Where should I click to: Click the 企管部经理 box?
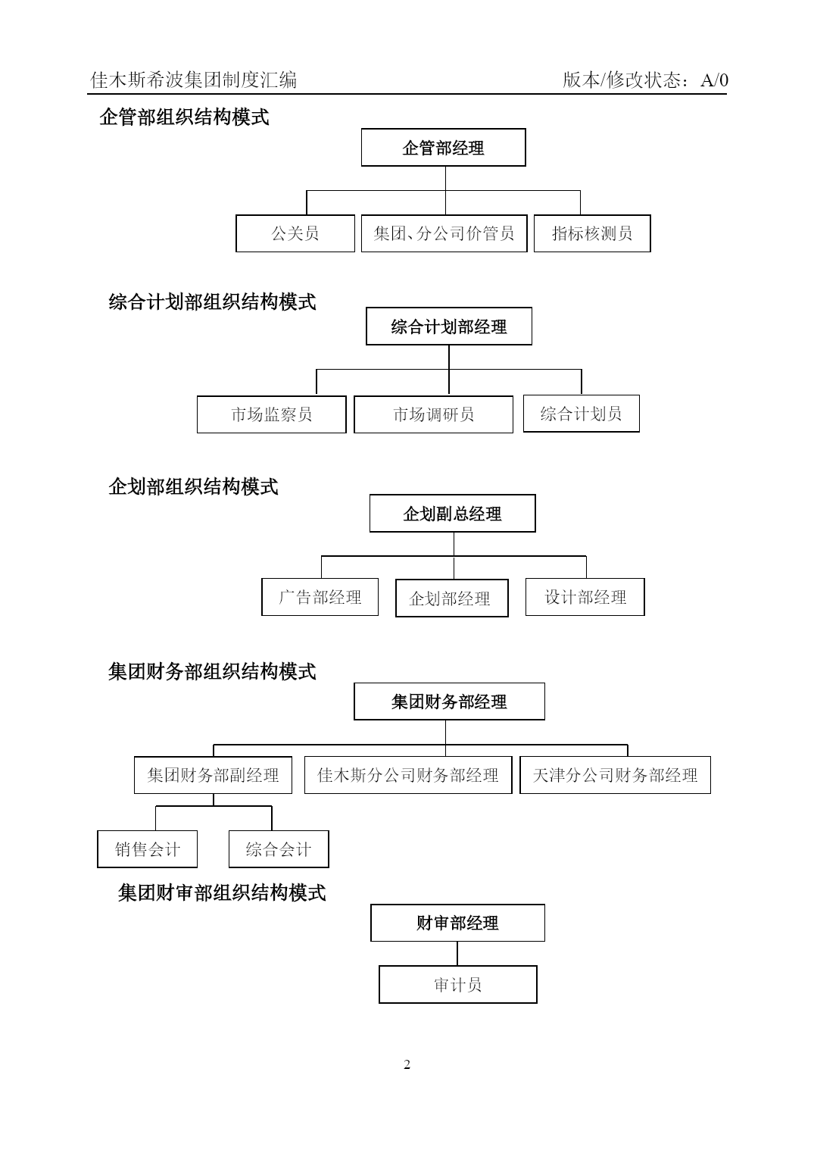pos(444,147)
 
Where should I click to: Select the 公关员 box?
pos(295,233)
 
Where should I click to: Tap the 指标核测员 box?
pos(592,233)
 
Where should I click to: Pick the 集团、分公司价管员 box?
pos(444,233)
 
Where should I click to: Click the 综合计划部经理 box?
pos(448,326)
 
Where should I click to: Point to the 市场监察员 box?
pos(272,414)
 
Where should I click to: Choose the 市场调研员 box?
pos(433,414)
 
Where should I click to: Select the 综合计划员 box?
pos(582,414)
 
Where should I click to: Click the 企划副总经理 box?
pos(452,514)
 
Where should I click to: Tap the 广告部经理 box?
pos(320,597)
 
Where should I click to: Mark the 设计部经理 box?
pos(585,597)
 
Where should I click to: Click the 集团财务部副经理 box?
pos(213,775)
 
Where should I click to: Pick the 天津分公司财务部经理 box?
pos(615,775)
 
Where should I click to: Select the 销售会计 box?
pos(148,849)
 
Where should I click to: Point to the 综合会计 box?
pos(279,849)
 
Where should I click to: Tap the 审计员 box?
pos(458,984)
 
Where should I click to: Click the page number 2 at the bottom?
pos(407,1065)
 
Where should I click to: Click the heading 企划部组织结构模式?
pos(193,486)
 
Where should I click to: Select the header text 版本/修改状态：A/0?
pos(645,80)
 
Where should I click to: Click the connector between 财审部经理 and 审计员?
pos(457,953)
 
